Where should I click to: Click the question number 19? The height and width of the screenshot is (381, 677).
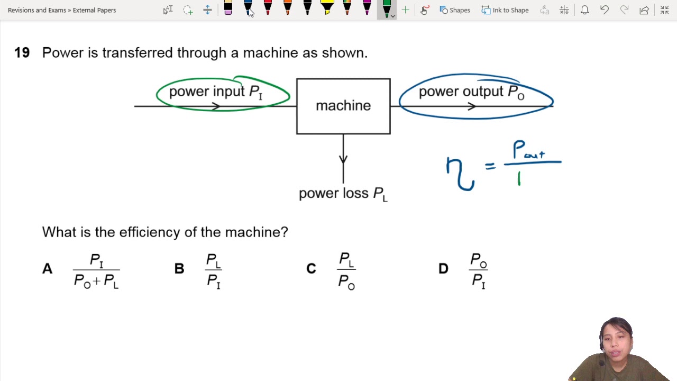click(22, 53)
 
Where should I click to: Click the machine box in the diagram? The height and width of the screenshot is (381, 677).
click(343, 106)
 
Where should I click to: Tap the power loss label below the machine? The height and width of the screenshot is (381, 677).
click(343, 194)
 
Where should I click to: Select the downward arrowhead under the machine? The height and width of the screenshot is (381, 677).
click(343, 158)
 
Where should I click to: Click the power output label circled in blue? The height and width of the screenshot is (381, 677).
click(471, 92)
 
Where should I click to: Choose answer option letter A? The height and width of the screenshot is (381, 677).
click(47, 269)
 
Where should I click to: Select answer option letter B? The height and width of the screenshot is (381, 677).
click(179, 269)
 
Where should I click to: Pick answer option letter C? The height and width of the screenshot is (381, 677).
click(311, 269)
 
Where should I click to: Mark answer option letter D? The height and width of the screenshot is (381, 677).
click(443, 269)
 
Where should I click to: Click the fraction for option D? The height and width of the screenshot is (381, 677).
click(479, 270)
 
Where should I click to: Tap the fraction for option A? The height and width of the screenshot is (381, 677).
click(96, 270)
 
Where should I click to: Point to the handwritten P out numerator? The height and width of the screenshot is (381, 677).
click(529, 151)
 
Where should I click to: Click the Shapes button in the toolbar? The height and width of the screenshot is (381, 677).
click(455, 10)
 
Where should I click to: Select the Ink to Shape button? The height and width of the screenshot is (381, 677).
click(505, 10)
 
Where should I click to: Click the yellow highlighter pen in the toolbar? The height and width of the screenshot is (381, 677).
click(327, 8)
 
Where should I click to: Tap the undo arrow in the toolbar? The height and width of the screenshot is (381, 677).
click(605, 10)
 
